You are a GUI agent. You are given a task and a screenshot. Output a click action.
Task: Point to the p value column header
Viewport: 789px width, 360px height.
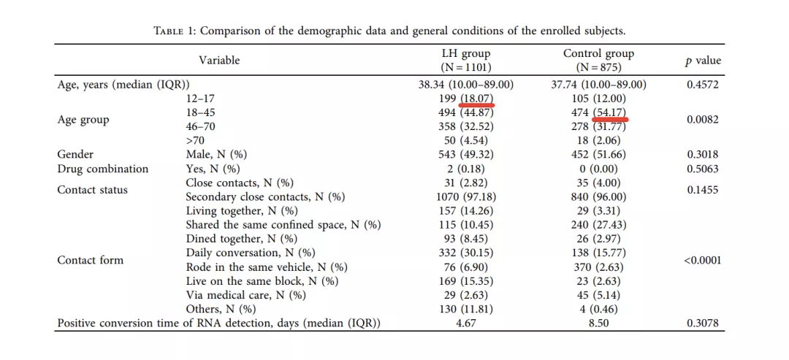pyautogui.click(x=703, y=61)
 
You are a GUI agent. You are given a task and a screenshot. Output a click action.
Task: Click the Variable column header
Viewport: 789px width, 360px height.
pyautogui.click(x=219, y=61)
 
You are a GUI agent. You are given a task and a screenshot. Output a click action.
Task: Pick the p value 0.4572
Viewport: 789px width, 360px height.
pyautogui.click(x=703, y=85)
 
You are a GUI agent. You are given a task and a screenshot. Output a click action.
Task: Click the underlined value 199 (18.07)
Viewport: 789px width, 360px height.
pyautogui.click(x=466, y=99)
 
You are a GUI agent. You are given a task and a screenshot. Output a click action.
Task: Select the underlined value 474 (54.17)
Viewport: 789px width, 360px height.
pyautogui.click(x=598, y=112)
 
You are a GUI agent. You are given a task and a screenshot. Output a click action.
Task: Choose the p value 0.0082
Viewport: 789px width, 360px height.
pyautogui.click(x=703, y=119)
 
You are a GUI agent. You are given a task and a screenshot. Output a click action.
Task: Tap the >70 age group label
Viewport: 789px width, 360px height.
pyautogui.click(x=195, y=140)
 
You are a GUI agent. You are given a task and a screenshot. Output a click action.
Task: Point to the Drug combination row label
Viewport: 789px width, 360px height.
pyautogui.click(x=102, y=169)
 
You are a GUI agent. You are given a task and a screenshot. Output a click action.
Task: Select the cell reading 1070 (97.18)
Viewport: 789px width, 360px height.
pyautogui.click(x=466, y=197)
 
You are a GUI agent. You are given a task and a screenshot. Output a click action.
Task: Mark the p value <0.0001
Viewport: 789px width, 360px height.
pyautogui.click(x=703, y=260)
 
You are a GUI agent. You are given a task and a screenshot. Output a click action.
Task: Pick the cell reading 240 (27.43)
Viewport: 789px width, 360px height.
pyautogui.click(x=598, y=225)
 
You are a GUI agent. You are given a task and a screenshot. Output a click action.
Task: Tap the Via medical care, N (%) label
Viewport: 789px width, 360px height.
pyautogui.click(x=245, y=295)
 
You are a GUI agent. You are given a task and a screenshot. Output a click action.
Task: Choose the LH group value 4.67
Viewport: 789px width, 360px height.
pyautogui.click(x=466, y=323)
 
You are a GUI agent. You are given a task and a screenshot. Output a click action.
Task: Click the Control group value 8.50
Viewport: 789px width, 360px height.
pyautogui.click(x=598, y=323)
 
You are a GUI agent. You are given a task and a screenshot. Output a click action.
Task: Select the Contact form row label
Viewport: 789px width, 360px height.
pyautogui.click(x=91, y=260)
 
